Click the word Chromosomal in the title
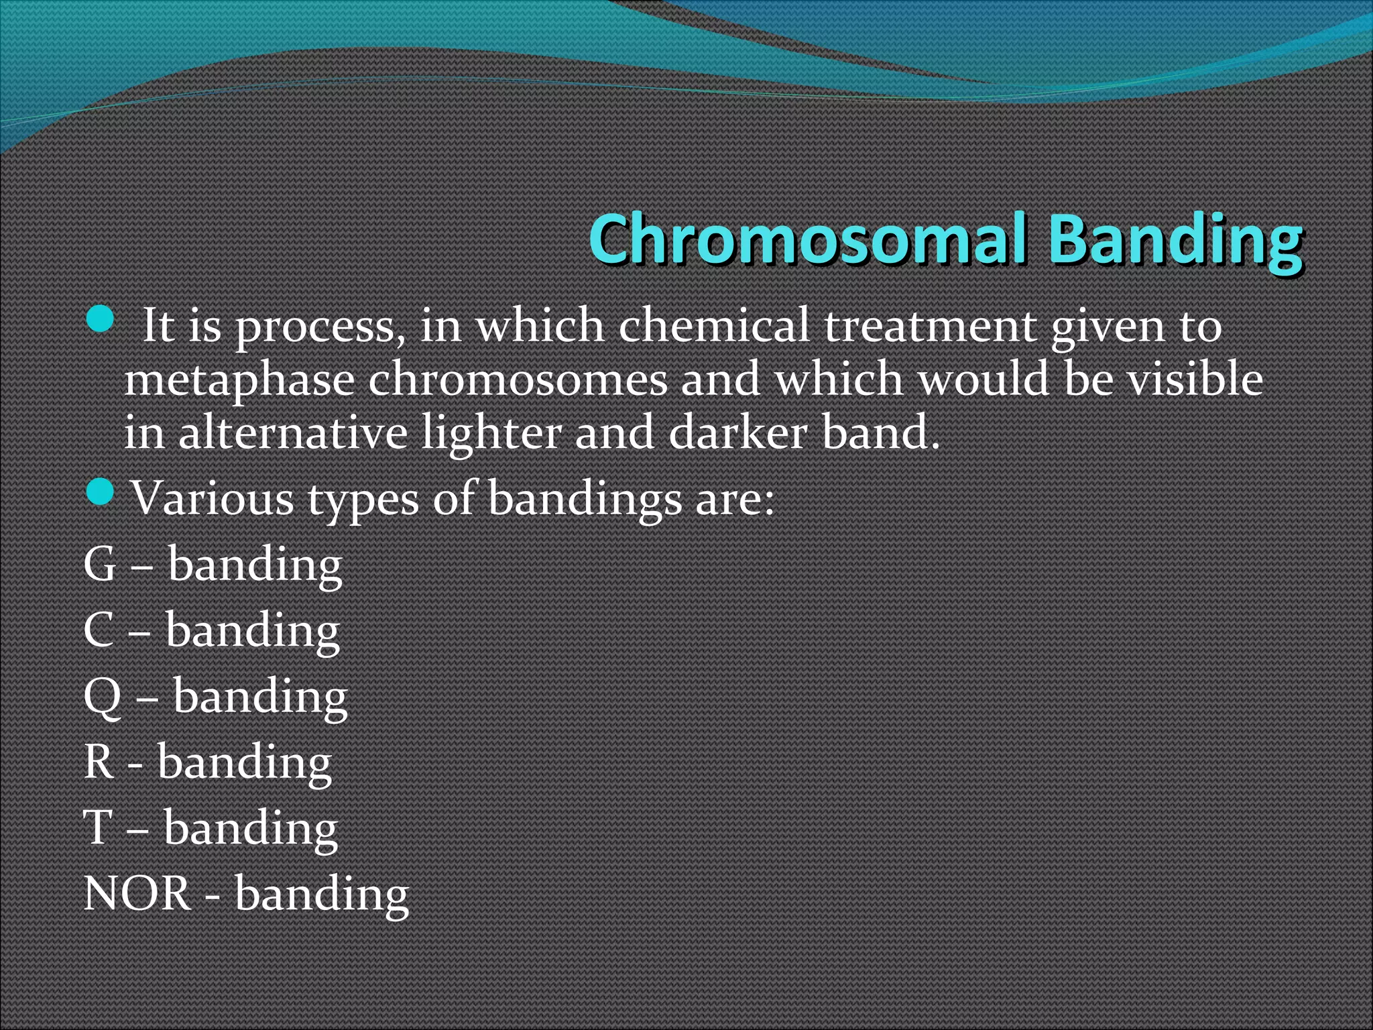coord(807,239)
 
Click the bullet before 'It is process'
coord(101,319)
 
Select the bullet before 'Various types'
coord(101,493)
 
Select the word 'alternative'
coord(292,433)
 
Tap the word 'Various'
coord(212,498)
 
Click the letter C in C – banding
coord(99,630)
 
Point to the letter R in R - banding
coord(99,762)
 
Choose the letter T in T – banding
coord(97,827)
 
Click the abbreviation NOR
coord(137,893)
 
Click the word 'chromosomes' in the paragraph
coord(517,380)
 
